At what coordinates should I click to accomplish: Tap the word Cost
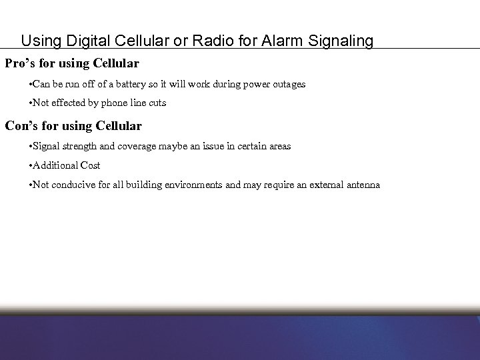pyautogui.click(x=90, y=165)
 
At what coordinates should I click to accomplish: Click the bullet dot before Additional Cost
pyautogui.click(x=31, y=165)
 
